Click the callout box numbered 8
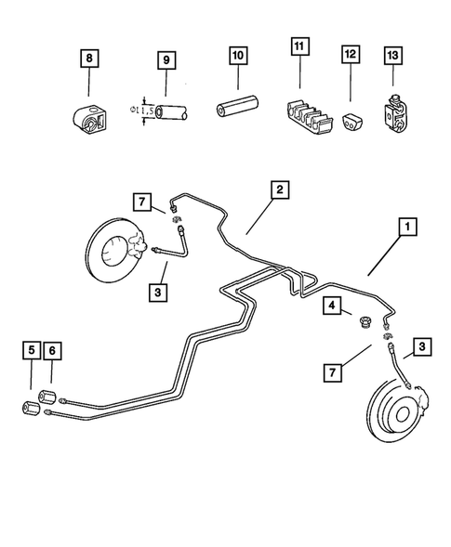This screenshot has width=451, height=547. pos(89,61)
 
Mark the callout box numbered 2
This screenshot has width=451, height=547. pos(278,189)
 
